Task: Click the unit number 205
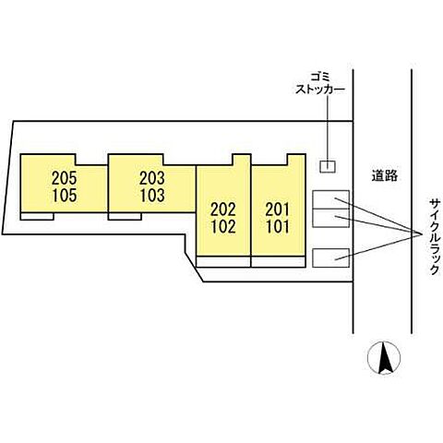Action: (64, 178)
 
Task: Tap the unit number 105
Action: (64, 196)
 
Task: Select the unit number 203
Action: (152, 178)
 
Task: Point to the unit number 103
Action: (152, 196)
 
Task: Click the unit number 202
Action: (223, 210)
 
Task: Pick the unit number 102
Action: (223, 227)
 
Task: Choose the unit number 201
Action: (278, 210)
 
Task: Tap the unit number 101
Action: (278, 227)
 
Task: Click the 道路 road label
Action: (385, 175)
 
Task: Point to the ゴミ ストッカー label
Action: (320, 82)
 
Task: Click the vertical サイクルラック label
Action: (435, 236)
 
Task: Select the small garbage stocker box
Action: (328, 167)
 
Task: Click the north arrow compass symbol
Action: (384, 358)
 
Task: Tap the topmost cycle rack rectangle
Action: (330, 199)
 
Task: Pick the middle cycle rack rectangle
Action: (330, 218)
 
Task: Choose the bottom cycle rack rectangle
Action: (330, 257)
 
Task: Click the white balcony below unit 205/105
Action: (37, 216)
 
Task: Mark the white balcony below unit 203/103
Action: (125, 216)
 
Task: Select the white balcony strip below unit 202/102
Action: (223, 261)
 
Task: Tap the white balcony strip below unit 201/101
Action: (279, 261)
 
